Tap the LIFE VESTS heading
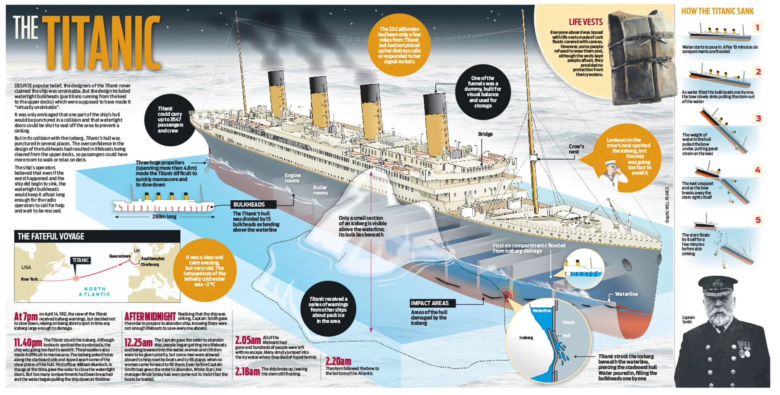tap(585, 22)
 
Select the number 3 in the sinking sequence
tap(758, 118)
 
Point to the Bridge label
tap(485, 134)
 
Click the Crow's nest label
tap(576, 149)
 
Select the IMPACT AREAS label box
tap(430, 303)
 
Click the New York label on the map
tap(29, 279)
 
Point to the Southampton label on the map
tap(153, 258)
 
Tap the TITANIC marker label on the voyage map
tap(80, 260)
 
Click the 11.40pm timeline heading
tap(28, 343)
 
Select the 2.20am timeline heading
tap(338, 361)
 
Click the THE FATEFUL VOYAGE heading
tap(51, 237)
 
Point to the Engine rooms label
tap(292, 178)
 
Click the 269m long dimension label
tap(164, 216)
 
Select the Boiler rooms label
tap(320, 190)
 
